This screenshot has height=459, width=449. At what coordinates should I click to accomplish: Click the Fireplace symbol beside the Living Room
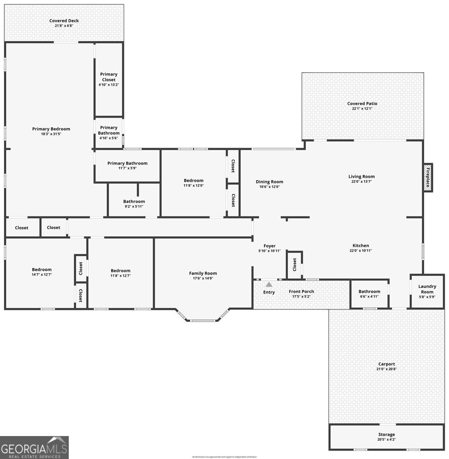click(x=428, y=177)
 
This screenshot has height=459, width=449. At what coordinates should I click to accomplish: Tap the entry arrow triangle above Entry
click(x=269, y=284)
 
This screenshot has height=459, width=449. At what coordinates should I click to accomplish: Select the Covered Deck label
click(x=64, y=21)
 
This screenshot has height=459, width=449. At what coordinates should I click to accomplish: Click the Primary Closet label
click(x=109, y=77)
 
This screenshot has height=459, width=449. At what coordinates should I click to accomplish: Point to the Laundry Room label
click(x=427, y=289)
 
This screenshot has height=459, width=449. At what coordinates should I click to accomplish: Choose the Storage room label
click(x=386, y=435)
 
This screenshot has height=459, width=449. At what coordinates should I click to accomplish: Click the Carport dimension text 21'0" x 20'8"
click(x=386, y=369)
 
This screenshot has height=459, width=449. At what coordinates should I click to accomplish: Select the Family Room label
click(x=203, y=273)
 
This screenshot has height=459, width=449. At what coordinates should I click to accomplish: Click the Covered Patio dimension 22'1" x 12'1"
click(x=362, y=109)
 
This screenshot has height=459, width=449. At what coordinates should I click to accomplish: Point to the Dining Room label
click(x=269, y=182)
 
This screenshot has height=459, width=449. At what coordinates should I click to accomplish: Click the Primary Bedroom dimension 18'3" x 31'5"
click(x=51, y=134)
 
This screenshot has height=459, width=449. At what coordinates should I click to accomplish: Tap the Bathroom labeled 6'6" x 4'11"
click(x=369, y=291)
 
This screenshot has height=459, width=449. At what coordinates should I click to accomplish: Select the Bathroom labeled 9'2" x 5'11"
click(x=134, y=202)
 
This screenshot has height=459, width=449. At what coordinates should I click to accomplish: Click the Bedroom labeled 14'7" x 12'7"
click(x=42, y=270)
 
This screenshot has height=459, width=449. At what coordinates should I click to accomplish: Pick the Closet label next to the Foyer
click(x=295, y=264)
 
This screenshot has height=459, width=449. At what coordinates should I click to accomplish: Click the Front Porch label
click(x=301, y=291)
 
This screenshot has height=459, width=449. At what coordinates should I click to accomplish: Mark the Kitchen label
click(x=361, y=246)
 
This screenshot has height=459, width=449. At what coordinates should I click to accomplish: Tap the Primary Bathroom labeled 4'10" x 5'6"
click(x=109, y=130)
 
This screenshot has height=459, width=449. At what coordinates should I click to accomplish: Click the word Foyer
click(x=269, y=246)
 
